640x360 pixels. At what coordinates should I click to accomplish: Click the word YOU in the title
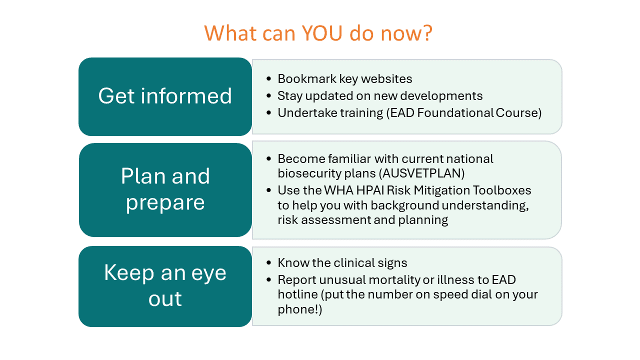[x=322, y=33]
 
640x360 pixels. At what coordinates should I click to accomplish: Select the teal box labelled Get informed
[x=165, y=96]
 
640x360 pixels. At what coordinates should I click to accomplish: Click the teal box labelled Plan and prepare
[x=165, y=190]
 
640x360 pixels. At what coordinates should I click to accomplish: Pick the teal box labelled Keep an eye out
[x=165, y=286]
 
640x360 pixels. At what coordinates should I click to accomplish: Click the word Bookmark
[x=307, y=79]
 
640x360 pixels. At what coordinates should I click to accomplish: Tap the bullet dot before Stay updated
[x=268, y=96]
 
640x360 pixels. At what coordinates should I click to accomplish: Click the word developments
[x=441, y=96]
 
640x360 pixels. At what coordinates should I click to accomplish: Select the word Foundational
[x=455, y=113]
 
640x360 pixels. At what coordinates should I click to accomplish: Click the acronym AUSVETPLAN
[x=421, y=173]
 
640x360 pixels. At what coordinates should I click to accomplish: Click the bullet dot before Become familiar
[x=268, y=159]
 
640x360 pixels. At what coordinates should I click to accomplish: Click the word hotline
[x=297, y=294]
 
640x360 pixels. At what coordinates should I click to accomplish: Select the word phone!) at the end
[x=300, y=309]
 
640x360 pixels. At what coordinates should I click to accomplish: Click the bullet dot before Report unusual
[x=268, y=279]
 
